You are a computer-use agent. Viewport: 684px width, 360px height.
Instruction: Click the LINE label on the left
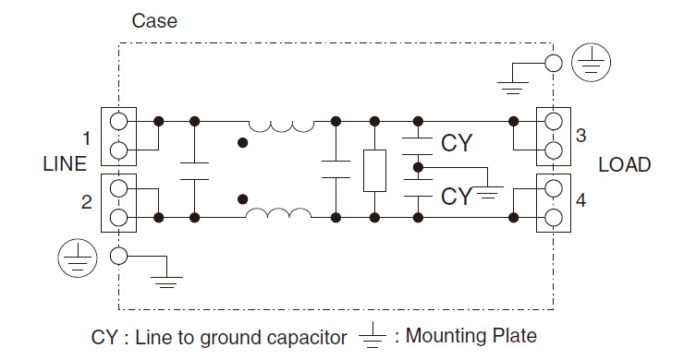tap(65, 165)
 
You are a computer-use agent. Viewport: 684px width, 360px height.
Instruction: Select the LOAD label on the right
tap(624, 165)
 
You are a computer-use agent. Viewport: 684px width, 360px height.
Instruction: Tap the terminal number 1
tap(86, 139)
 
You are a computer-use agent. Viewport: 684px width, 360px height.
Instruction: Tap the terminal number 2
tap(86, 200)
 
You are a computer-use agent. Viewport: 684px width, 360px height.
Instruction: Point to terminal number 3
tap(580, 136)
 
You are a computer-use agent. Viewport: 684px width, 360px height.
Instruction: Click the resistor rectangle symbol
tap(374, 170)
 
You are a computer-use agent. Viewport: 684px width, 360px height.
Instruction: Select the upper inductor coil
tap(279, 126)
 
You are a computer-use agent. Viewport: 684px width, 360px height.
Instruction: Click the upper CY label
tap(458, 143)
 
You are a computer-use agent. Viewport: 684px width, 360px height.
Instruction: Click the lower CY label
tap(458, 196)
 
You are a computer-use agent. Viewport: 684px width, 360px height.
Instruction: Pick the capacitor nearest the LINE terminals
tap(195, 169)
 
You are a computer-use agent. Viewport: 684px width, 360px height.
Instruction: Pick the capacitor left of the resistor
tap(336, 169)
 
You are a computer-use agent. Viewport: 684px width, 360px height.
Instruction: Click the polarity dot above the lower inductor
tap(243, 198)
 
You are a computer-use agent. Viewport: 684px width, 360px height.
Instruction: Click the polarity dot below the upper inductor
tap(243, 143)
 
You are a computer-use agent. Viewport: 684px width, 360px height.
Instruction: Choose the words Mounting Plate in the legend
tap(470, 335)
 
